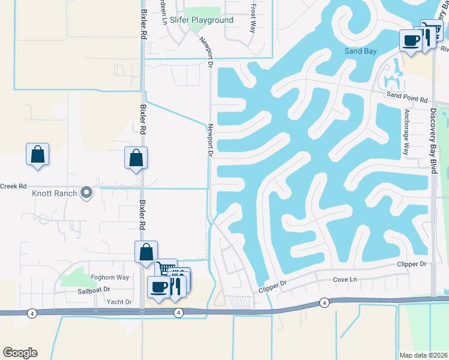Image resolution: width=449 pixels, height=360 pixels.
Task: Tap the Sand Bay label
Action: coord(361,51)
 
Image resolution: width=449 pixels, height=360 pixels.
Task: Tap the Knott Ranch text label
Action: coord(55,193)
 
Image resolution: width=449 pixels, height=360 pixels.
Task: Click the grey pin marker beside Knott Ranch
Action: coord(86,193)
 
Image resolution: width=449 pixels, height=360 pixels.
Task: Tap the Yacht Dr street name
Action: coord(119,302)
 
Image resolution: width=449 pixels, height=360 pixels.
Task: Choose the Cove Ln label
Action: coord(345,280)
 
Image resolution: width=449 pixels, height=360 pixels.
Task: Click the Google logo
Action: coord(20,353)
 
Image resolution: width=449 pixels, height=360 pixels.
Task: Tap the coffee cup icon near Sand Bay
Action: coord(411,40)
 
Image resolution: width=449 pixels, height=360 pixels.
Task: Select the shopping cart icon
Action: coord(166,268)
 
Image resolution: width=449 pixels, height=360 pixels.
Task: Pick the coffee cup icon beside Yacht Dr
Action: coord(159,286)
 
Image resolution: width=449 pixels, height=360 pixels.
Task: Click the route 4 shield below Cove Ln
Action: coord(324,302)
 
